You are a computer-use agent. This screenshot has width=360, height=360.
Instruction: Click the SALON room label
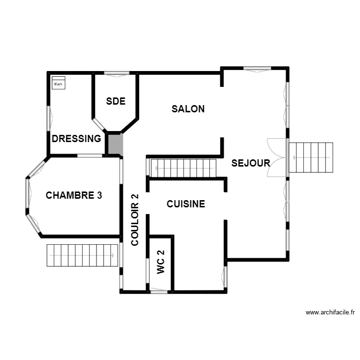(x=188, y=109)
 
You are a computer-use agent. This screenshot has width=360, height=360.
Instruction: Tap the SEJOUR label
(x=251, y=163)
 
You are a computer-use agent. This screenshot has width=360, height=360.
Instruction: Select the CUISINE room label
(x=186, y=204)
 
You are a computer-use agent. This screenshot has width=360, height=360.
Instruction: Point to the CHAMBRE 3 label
(x=74, y=195)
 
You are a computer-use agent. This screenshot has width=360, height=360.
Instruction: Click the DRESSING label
(x=76, y=139)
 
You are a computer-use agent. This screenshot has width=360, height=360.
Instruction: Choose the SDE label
(x=116, y=101)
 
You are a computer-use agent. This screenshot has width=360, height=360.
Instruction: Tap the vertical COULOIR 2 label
(x=135, y=220)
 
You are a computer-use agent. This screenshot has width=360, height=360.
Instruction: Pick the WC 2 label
(x=161, y=262)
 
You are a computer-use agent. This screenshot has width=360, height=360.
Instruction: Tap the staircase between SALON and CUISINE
(x=183, y=168)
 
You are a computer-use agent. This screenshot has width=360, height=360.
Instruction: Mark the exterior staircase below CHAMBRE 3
(x=82, y=255)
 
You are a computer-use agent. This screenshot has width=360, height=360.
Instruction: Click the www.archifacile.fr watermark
(x=330, y=312)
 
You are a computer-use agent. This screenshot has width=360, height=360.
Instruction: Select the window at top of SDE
(x=117, y=73)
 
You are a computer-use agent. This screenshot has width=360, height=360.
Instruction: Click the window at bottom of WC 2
(x=159, y=290)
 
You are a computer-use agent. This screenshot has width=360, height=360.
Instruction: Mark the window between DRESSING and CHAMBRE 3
(x=90, y=156)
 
